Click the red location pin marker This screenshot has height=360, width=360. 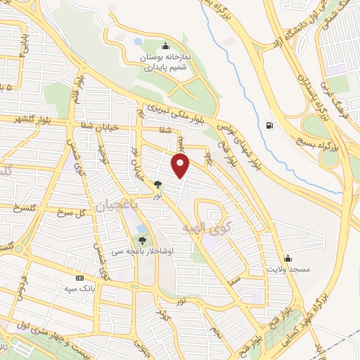click(181, 166)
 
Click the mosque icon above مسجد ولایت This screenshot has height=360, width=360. click(287, 258)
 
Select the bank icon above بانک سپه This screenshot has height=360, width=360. click(79, 278)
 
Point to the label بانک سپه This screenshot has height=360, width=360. click(79, 289)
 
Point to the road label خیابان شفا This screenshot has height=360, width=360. click(109, 129)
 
